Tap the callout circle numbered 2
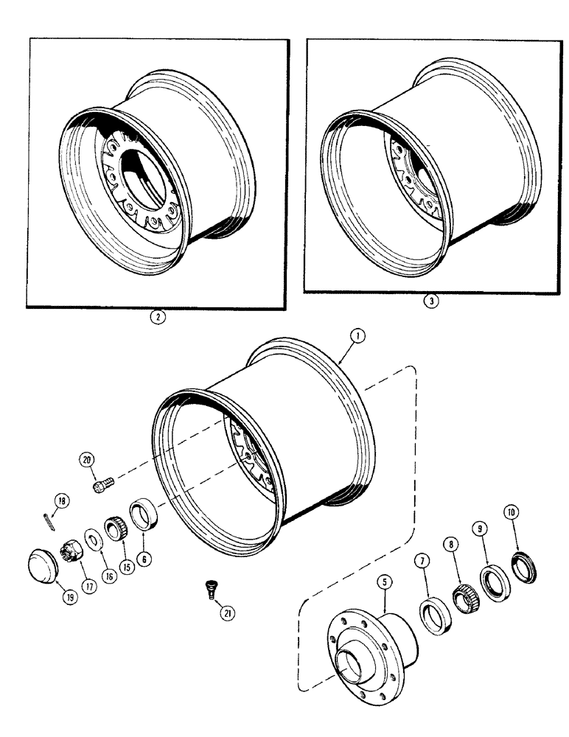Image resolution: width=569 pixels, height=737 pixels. tap(156, 319)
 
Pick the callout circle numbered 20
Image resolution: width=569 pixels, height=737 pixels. tap(88, 461)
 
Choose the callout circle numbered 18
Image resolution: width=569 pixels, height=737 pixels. tap(62, 501)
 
